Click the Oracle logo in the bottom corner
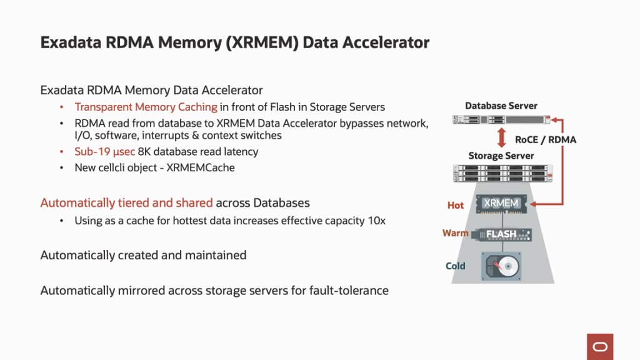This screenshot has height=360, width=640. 600,346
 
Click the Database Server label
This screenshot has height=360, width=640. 501,106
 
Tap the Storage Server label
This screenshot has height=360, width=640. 501,155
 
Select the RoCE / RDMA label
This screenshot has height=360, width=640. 545,139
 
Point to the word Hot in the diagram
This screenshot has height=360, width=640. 456,205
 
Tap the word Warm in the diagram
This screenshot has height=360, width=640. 455,233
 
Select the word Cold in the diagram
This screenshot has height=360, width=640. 455,266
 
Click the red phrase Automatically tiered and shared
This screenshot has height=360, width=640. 127,203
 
